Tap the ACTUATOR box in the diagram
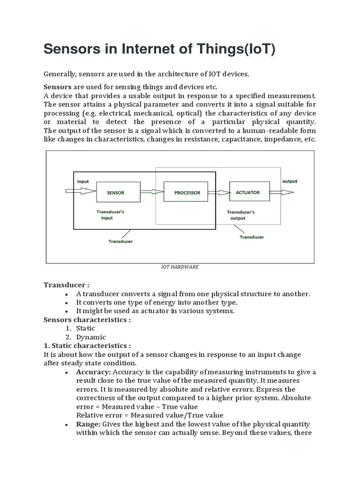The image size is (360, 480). tap(247, 193)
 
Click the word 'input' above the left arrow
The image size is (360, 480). tap(82, 181)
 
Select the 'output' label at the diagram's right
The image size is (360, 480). tap(289, 181)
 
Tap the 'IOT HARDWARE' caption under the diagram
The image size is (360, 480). tap(180, 267)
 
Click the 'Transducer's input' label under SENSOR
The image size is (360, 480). tap(110, 215)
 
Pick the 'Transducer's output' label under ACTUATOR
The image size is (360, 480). tap(240, 215)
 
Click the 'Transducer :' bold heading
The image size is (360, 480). tap(67, 285)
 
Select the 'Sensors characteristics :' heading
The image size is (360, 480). tap(87, 320)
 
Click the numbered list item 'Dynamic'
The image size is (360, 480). tap(91, 337)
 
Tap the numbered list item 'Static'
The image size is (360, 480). tap(85, 328)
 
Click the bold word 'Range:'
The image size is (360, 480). tap(88, 424)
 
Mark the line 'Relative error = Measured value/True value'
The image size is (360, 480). tap(150, 415)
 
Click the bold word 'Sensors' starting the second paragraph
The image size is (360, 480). tap(58, 87)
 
